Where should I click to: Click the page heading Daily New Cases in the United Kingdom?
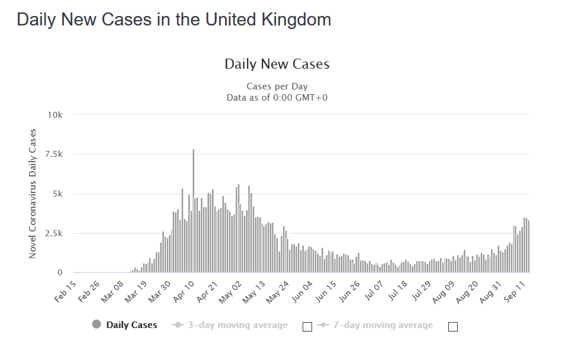[x=174, y=20]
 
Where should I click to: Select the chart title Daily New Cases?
[x=277, y=64]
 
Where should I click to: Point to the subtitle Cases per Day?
[x=277, y=86]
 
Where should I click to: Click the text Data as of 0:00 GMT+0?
[x=277, y=97]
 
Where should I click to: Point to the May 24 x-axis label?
[x=277, y=290]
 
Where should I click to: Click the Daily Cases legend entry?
[x=131, y=325]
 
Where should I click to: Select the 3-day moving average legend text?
[x=237, y=325]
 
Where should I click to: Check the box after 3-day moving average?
[x=307, y=326]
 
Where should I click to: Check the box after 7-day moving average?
[x=453, y=326]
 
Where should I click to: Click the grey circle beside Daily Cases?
[x=97, y=324]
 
